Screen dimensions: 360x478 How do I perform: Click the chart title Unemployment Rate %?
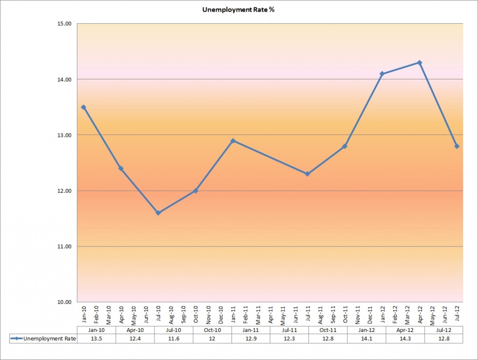[x=239, y=9]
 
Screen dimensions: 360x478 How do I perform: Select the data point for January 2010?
[x=84, y=107]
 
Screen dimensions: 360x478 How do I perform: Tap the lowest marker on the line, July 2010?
[x=158, y=213]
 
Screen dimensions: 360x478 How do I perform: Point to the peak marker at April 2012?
[x=420, y=63]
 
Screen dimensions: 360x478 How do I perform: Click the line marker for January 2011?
[x=233, y=141]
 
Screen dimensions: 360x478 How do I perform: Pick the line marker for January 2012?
[x=382, y=74]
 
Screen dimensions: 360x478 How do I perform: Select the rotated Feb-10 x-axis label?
[x=96, y=315]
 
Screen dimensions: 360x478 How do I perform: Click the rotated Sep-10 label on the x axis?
[x=183, y=315]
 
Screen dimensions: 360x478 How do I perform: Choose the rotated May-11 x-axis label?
[x=283, y=315]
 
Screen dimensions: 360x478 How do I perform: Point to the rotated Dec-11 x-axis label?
[x=370, y=315]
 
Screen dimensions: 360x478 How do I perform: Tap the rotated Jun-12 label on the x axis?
[x=445, y=315]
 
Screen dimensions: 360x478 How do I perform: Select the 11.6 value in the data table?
[x=173, y=339]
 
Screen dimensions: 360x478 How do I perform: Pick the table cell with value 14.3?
[x=405, y=339]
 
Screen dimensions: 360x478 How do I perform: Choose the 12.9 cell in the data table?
[x=251, y=339]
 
